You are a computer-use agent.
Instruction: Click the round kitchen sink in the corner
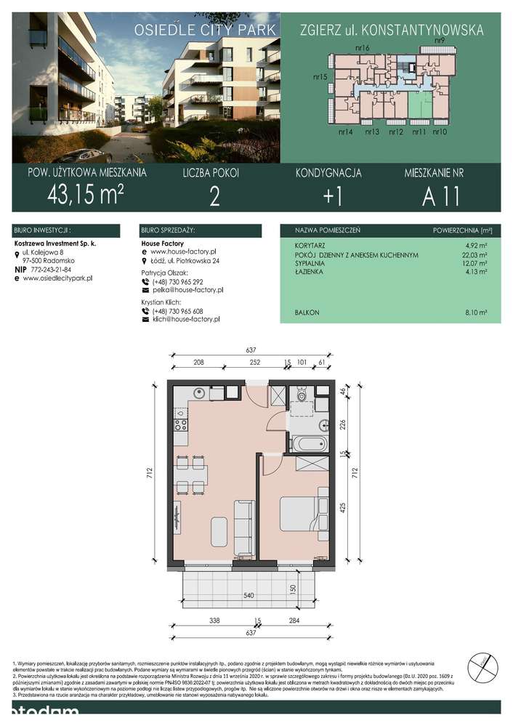(x=196, y=393)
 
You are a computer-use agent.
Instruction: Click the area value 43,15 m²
(x=85, y=193)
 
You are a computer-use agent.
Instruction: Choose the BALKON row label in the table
(x=307, y=312)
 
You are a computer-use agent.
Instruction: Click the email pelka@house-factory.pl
(x=187, y=289)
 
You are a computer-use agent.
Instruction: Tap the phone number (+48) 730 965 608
(x=177, y=310)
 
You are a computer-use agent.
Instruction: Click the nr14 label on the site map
(x=345, y=132)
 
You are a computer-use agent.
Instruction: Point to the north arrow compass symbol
(x=483, y=665)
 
